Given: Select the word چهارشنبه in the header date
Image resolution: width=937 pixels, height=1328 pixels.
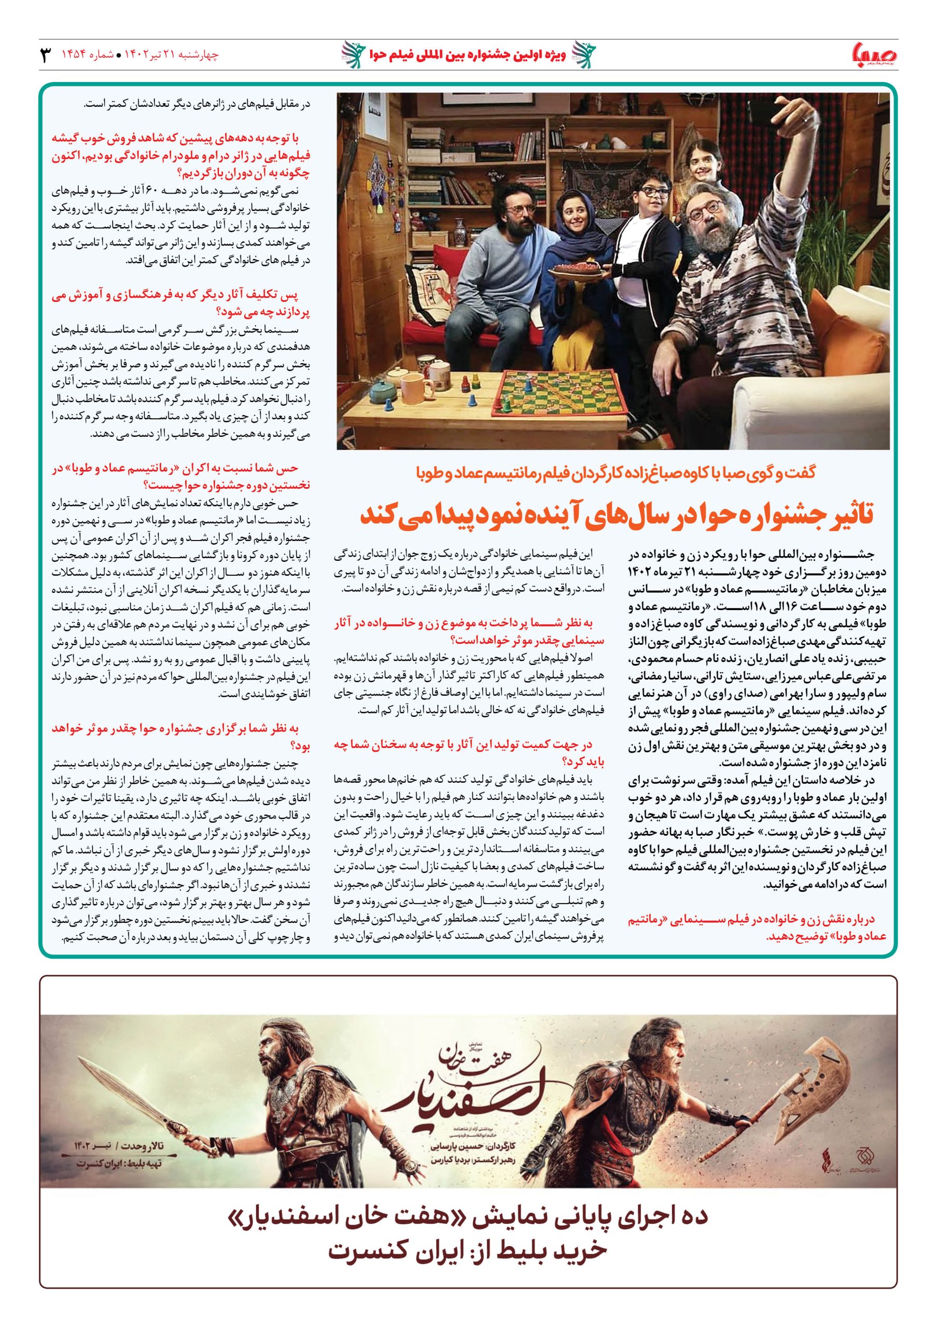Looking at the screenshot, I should (202, 56).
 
